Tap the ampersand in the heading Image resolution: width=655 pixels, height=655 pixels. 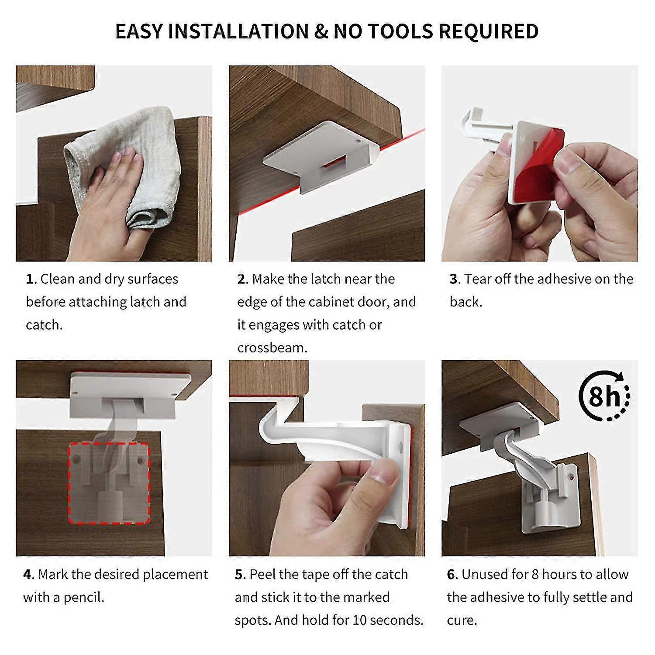coord(321,31)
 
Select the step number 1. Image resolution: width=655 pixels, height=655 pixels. coord(30,279)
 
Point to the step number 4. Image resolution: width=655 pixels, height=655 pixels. coord(28,574)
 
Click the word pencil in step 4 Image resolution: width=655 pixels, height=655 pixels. coord(83,597)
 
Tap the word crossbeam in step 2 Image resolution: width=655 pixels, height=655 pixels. coord(272,348)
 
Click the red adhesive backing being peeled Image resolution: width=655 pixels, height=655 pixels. coord(541,166)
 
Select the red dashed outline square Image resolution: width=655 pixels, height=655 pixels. coord(109,483)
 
